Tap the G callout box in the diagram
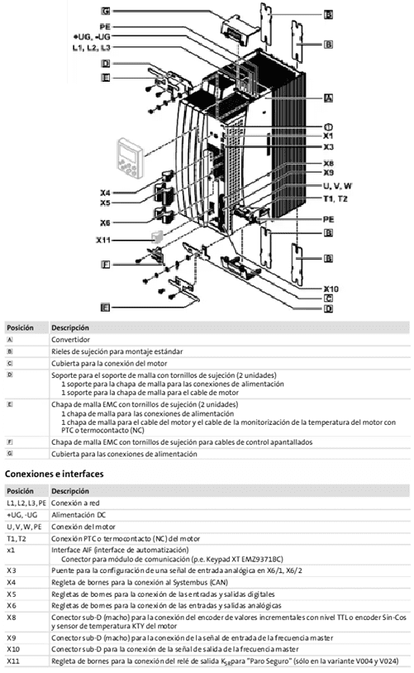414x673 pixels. pyautogui.click(x=106, y=12)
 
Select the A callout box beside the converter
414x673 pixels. pyautogui.click(x=328, y=98)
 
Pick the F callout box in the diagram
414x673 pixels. pyautogui.click(x=106, y=265)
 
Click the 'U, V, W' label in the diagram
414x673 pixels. pyautogui.click(x=338, y=186)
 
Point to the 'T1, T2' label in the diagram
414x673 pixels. pyautogui.click(x=335, y=198)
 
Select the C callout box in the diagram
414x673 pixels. pyautogui.click(x=328, y=298)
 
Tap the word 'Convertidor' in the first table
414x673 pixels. pyautogui.click(x=72, y=339)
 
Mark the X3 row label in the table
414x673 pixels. pyautogui.click(x=12, y=570)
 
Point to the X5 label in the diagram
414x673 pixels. pyautogui.click(x=106, y=202)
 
